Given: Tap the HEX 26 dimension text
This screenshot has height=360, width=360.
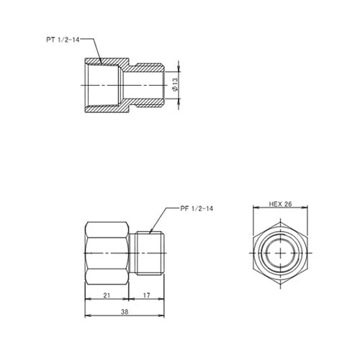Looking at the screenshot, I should click(281, 204).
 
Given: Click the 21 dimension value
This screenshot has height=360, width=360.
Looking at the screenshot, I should click(107, 296).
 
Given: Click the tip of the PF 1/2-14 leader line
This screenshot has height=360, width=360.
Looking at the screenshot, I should click(150, 232).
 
